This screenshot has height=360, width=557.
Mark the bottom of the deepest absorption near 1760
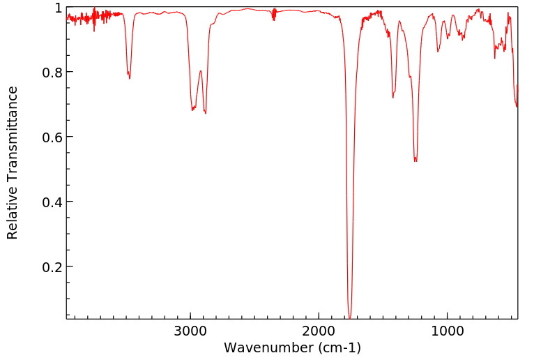(349, 317)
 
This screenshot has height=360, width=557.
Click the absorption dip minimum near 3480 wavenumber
(130, 78)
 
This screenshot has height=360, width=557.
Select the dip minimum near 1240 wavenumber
(415, 161)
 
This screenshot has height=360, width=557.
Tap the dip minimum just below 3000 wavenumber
(192, 110)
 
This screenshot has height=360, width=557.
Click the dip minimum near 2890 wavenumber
(205, 113)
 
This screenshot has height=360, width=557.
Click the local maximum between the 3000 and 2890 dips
(200, 70)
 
